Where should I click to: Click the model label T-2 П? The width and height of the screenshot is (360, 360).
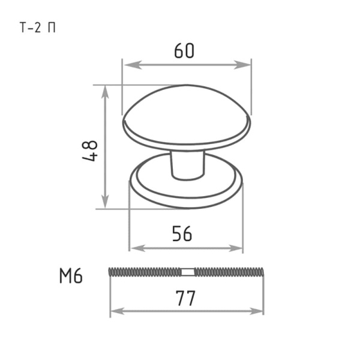tap(38, 28)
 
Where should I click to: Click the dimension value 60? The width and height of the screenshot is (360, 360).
tap(184, 51)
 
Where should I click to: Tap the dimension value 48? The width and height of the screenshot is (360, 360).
tap(90, 151)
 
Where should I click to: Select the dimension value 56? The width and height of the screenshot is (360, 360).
tap(182, 234)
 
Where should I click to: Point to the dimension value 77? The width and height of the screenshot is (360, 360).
tap(185, 298)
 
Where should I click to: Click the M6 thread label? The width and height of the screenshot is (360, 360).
tap(71, 276)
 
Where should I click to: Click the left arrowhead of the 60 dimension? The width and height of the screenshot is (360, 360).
tap(133, 65)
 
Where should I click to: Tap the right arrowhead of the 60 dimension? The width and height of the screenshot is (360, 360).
tap(242, 65)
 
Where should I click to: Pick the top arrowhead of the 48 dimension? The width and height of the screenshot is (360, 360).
tap(105, 94)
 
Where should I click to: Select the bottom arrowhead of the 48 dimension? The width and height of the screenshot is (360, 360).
tap(105, 200)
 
